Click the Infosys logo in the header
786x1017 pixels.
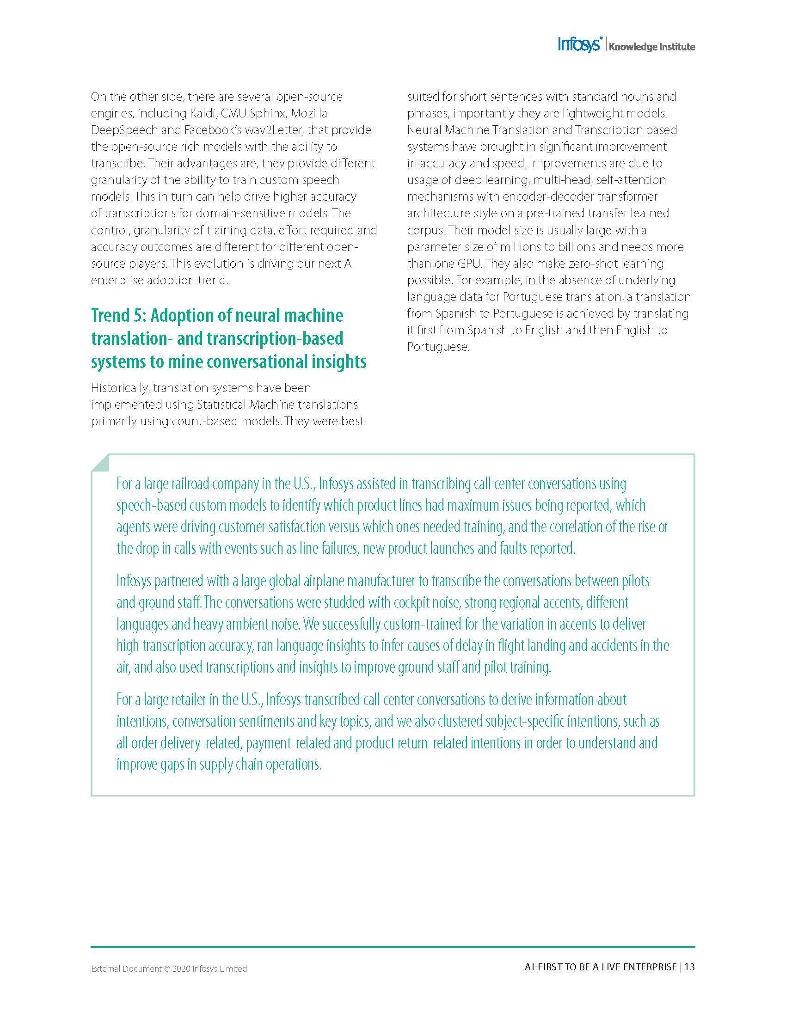[x=580, y=45]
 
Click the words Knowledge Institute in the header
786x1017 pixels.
[x=652, y=47]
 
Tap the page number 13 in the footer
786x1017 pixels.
[x=690, y=967]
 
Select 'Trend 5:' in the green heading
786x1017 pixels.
[x=118, y=316]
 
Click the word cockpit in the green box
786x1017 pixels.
[x=410, y=602]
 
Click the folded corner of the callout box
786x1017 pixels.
[x=100, y=462]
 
